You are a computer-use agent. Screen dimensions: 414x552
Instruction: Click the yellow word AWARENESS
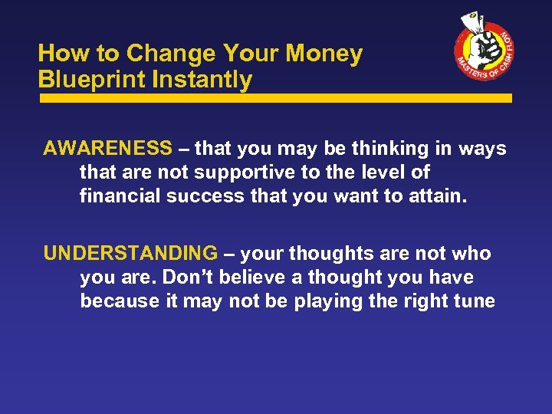pyautogui.click(x=108, y=148)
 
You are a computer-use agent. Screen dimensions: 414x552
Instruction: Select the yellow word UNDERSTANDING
pyautogui.click(x=130, y=253)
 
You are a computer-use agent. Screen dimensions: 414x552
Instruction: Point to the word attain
pyautogui.click(x=438, y=196)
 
